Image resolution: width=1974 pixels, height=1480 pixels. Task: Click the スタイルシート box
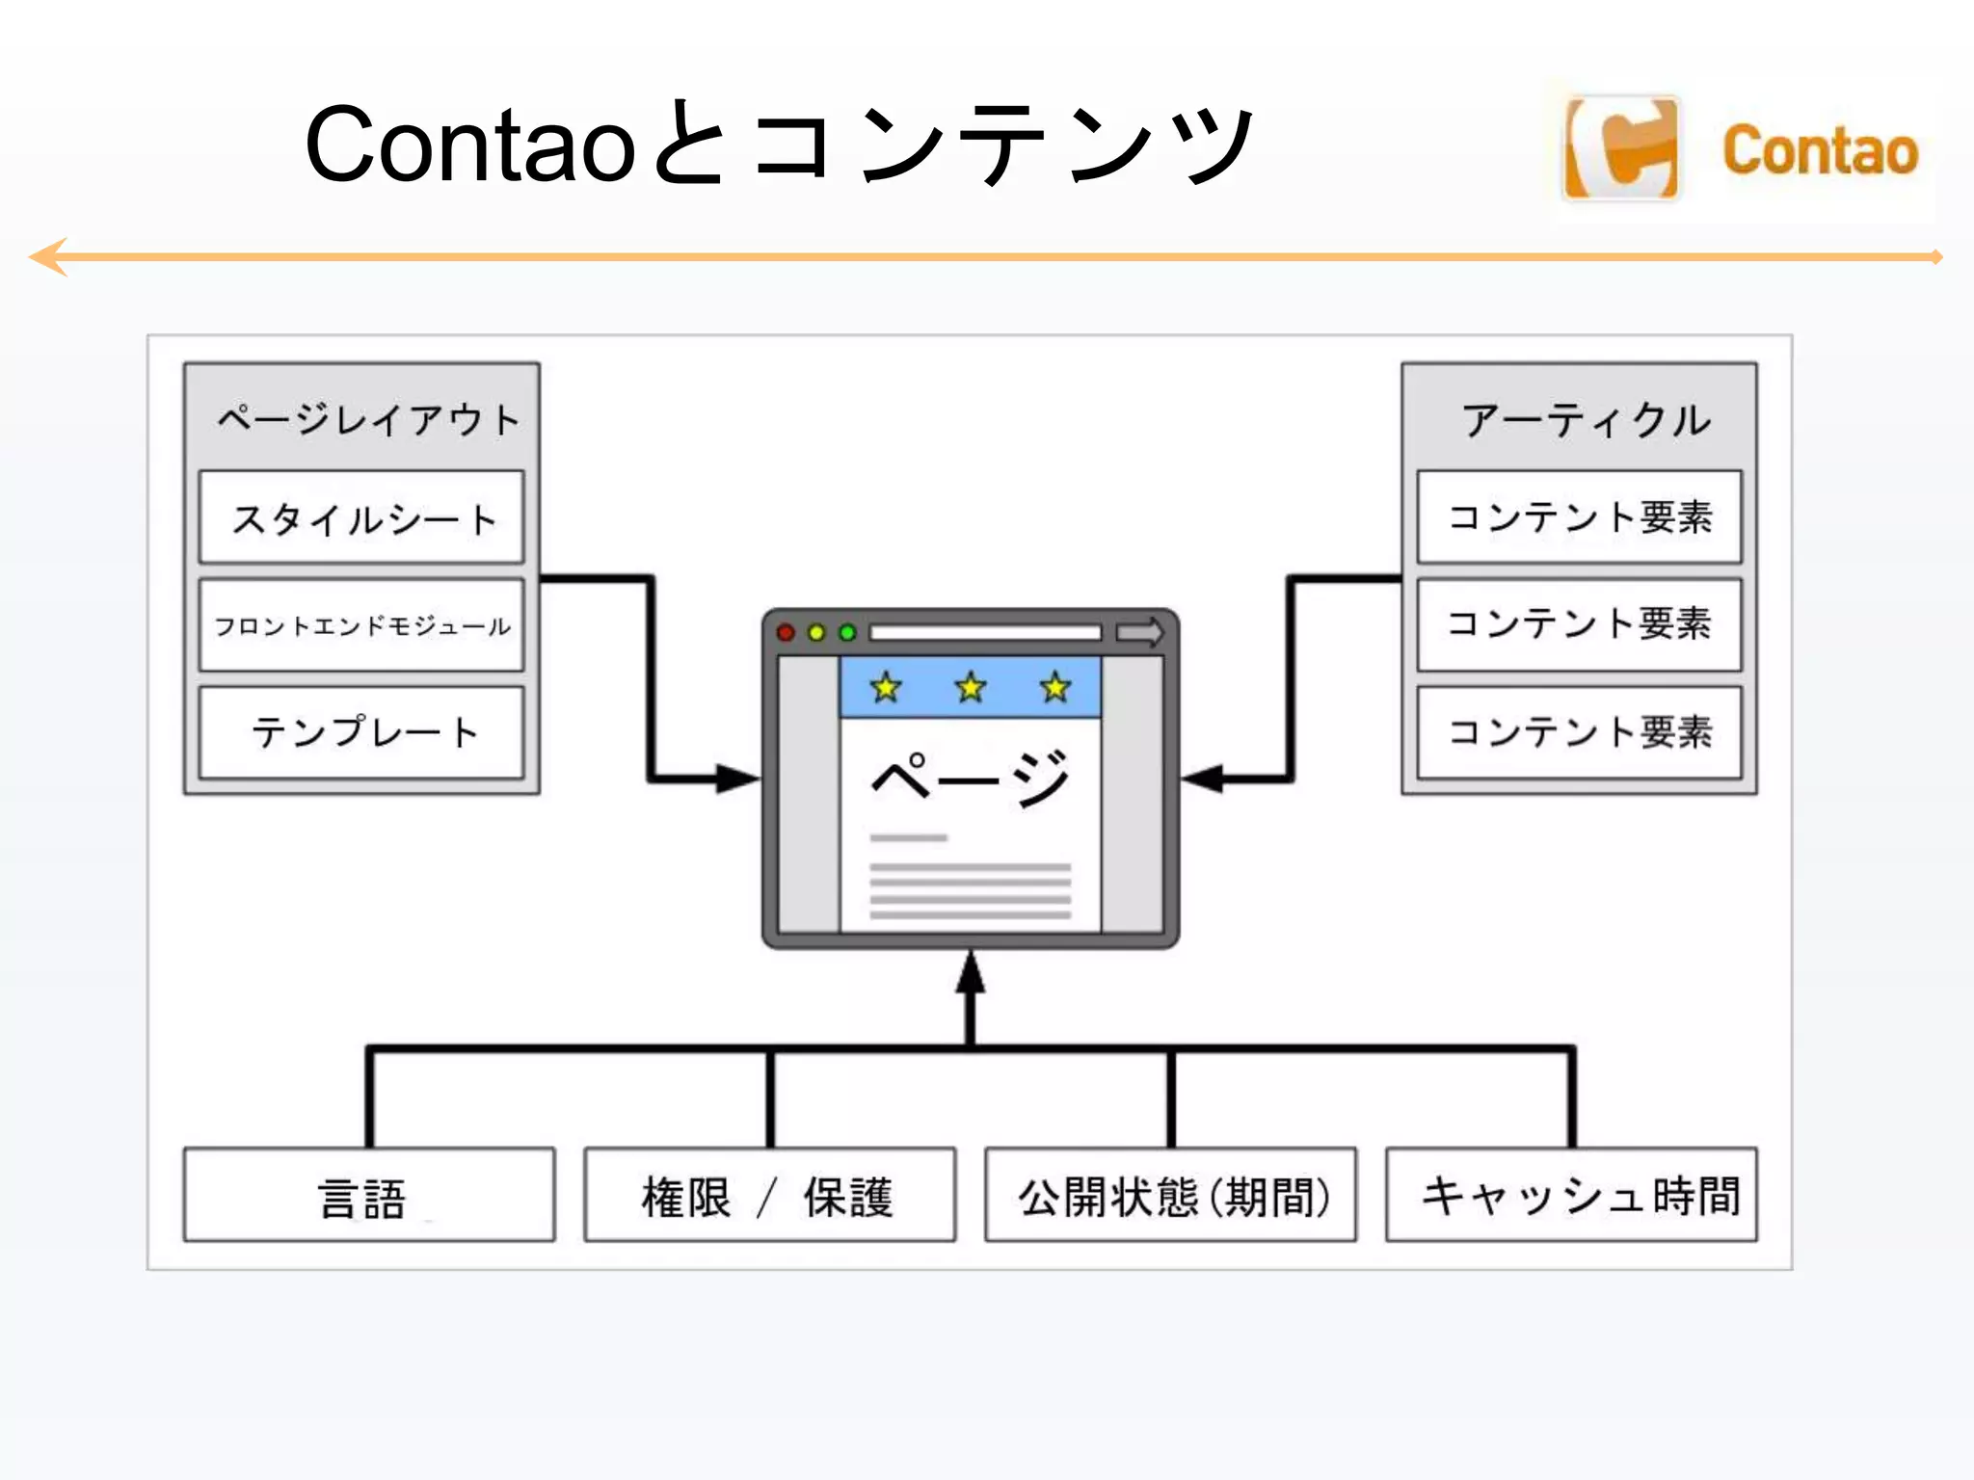coord(361,517)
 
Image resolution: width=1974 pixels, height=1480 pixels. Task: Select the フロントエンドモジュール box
coord(361,625)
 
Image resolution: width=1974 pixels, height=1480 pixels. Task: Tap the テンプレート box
coord(361,732)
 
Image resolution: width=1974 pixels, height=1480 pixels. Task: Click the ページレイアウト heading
coord(367,419)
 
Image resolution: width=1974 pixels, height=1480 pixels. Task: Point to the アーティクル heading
coord(1586,420)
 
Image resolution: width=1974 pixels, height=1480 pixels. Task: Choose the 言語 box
coord(368,1195)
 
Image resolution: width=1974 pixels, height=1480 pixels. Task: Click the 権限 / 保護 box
coord(769,1195)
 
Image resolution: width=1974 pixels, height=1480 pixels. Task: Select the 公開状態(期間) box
coord(1170,1195)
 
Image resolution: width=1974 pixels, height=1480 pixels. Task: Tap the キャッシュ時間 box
coord(1571,1195)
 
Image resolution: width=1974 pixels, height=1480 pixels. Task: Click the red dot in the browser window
coord(786,633)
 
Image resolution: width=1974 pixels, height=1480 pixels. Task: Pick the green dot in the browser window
coord(847,633)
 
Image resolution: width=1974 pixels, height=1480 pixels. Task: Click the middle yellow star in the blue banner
coord(971,687)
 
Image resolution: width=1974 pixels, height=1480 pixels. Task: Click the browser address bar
coord(984,633)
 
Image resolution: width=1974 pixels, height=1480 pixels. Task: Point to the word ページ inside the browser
coord(970,777)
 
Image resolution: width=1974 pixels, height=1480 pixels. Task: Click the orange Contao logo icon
coord(1622,149)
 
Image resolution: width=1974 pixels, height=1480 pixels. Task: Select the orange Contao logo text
coord(1820,151)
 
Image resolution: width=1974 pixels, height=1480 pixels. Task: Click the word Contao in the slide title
coord(469,145)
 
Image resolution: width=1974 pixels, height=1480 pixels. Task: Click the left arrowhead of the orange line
coord(48,257)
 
